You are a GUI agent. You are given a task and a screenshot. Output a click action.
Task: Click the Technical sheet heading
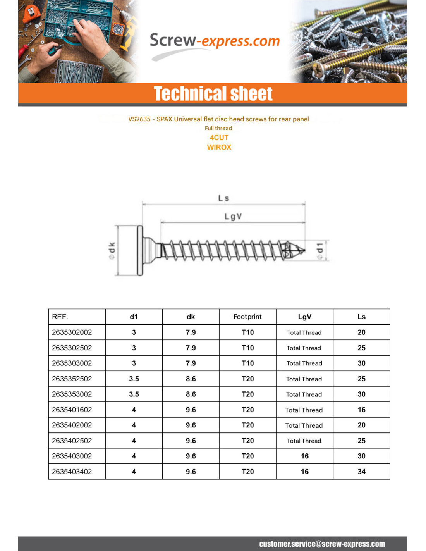(213, 94)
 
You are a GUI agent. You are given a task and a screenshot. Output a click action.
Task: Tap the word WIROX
(219, 147)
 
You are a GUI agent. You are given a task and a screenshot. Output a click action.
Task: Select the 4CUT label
(219, 138)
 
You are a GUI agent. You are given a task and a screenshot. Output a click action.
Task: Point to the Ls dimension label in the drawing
(223, 198)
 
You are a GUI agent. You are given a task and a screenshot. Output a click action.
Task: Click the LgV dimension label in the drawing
(233, 217)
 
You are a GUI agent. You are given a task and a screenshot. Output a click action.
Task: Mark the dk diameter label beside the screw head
(112, 250)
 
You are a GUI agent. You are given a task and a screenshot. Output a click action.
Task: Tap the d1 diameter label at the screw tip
(320, 251)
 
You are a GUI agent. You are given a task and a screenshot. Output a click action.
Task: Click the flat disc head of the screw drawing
(140, 250)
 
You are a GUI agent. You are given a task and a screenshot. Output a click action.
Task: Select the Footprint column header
(247, 317)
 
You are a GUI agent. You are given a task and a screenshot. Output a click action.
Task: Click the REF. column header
(60, 317)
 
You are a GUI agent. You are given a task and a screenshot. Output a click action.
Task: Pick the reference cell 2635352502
(72, 379)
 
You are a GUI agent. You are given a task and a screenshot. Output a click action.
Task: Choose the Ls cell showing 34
(361, 472)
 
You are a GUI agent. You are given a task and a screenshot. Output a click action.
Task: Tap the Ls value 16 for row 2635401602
(361, 410)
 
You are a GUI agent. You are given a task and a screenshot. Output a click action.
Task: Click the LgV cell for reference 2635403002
(304, 456)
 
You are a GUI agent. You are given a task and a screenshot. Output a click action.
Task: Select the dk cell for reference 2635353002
(191, 394)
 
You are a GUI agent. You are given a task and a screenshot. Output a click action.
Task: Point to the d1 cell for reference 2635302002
(134, 332)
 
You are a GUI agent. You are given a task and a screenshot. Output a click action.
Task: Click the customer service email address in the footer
(322, 544)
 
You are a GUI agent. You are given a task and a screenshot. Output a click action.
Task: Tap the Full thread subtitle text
(218, 128)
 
